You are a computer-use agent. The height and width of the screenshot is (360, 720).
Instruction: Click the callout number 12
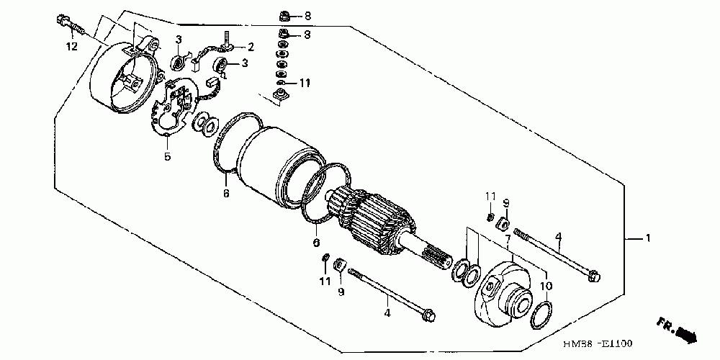coord(71,48)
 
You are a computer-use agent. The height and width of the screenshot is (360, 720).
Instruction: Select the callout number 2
coord(251,48)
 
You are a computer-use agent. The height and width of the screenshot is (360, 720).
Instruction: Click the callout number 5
coord(167,156)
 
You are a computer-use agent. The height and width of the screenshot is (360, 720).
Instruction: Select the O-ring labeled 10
coord(541,315)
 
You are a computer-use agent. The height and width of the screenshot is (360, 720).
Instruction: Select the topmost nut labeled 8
coord(285,15)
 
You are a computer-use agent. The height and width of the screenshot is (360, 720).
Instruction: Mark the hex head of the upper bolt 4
coord(594,275)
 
